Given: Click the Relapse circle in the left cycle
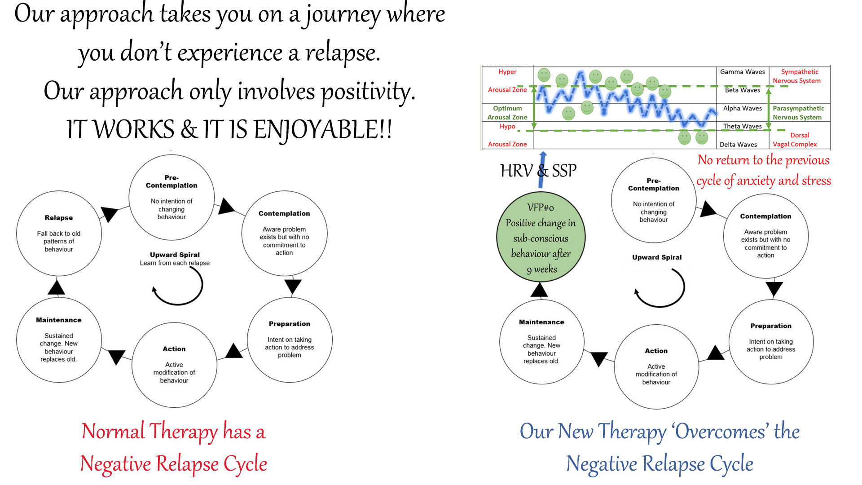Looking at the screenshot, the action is point(59,233).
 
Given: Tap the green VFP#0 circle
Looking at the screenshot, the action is point(541,237).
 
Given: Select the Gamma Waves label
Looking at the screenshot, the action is point(743,72).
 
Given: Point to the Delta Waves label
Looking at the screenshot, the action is point(739,145).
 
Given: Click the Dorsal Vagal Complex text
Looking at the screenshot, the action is point(795,140).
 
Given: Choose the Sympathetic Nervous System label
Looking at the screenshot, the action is point(797,76).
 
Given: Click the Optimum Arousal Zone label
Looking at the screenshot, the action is point(507,113).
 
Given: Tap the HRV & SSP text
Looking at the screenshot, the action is point(538,171).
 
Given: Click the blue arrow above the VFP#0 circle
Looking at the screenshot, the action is point(542,170).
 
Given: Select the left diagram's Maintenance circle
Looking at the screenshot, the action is point(59,340).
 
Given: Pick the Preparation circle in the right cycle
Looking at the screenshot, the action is point(771,342).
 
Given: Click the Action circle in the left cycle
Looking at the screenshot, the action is point(174,365).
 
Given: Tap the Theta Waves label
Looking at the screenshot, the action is point(743,126).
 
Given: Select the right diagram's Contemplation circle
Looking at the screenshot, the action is point(766,236).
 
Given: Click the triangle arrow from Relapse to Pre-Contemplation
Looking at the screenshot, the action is point(109,213).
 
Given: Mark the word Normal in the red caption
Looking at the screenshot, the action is point(113,431).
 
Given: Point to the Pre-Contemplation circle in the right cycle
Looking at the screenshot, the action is point(654,201).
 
